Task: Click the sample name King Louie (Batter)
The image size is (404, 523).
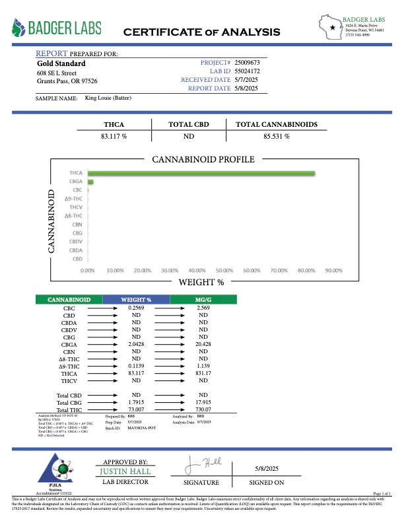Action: pyautogui.click(x=108, y=98)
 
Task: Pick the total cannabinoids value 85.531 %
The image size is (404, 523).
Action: pyautogui.click(x=277, y=136)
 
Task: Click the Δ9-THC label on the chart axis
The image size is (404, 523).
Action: pyautogui.click(x=73, y=199)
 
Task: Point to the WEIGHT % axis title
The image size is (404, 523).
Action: pyautogui.click(x=201, y=283)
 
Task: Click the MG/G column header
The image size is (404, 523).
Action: pyautogui.click(x=203, y=300)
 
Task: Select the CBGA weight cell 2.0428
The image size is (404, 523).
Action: pyautogui.click(x=136, y=345)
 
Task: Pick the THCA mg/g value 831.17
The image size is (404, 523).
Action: pyautogui.click(x=203, y=373)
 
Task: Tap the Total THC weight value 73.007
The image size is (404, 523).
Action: pyautogui.click(x=136, y=410)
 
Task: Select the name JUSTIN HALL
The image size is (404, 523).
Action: pyautogui.click(x=125, y=471)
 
